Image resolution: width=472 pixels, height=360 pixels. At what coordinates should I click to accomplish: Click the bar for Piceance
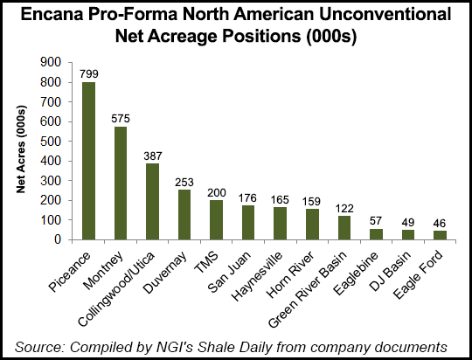tap(88, 161)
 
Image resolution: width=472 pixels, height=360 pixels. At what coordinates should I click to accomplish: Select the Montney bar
tap(121, 183)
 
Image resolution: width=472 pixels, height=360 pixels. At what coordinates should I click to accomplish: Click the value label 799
tap(88, 74)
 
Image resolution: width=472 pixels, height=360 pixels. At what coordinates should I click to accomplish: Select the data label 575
tap(121, 118)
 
